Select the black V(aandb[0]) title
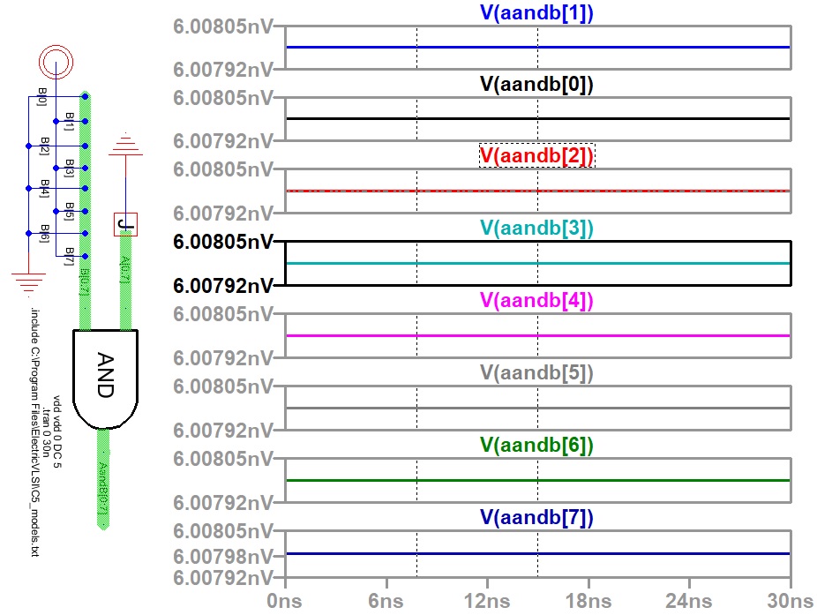[x=536, y=85]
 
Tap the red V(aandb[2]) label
[x=536, y=156]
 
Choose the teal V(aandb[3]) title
[x=536, y=229]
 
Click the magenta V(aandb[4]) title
[x=536, y=300]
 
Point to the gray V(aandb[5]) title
[x=536, y=372]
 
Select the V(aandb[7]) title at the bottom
[x=536, y=516]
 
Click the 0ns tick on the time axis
[x=286, y=600]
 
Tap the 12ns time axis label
[x=487, y=600]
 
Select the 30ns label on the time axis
[x=790, y=600]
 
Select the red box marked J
[x=125, y=224]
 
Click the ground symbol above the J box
[x=125, y=145]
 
